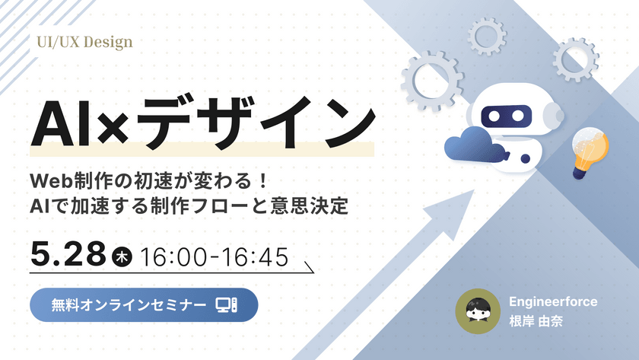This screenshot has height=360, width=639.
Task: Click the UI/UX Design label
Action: [x=84, y=43]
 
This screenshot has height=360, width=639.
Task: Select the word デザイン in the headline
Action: [x=255, y=123]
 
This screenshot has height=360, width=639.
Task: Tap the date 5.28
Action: [x=68, y=254]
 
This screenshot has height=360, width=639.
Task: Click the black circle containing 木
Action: [x=122, y=256]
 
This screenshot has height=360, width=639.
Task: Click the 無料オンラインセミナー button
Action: [x=144, y=305]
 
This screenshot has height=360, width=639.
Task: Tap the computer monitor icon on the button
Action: [x=226, y=305]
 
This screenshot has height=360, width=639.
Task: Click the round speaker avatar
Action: [x=478, y=311]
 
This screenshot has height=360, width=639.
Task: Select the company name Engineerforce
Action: [x=553, y=301]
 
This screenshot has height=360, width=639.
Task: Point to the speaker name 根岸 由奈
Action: [x=536, y=321]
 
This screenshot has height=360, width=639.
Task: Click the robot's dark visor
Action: [x=506, y=116]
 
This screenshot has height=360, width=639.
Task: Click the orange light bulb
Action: [x=590, y=151]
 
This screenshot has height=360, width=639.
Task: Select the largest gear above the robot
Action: [x=432, y=81]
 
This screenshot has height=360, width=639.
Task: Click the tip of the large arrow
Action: [x=475, y=190]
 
